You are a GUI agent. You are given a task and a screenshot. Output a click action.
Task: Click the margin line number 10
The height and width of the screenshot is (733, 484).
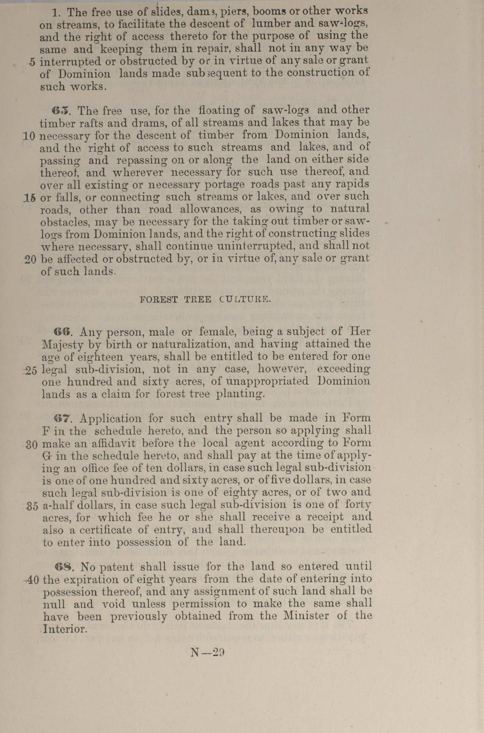[x=30, y=136]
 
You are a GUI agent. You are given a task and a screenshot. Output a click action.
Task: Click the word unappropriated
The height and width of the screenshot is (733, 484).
[x=267, y=381]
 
